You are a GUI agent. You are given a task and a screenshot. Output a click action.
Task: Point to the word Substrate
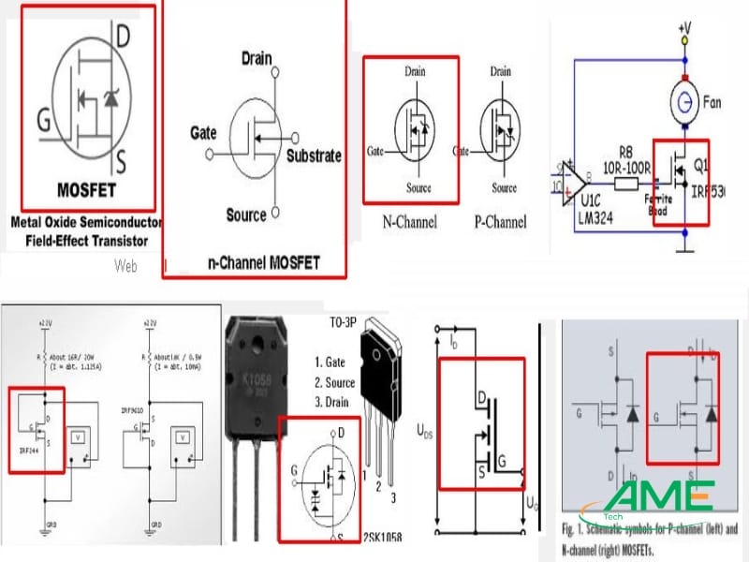[x=314, y=156]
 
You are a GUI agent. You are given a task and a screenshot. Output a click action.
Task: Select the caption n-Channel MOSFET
[x=262, y=263]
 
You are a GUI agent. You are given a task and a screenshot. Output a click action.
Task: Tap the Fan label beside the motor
[x=714, y=98]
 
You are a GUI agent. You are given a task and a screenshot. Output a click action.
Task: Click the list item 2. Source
[x=334, y=382]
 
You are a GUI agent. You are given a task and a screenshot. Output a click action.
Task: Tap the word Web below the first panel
[x=126, y=266]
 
